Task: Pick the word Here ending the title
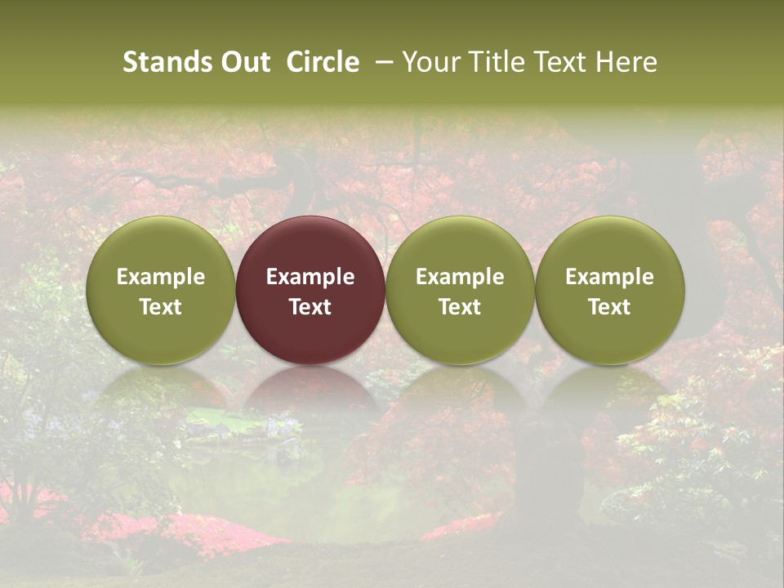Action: point(625,62)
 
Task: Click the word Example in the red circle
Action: point(310,277)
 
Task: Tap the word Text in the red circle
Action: point(310,307)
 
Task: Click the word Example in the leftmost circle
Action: point(161,277)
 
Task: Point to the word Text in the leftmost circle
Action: point(161,307)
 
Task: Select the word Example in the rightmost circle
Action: point(610,277)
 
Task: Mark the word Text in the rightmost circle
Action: point(610,307)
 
